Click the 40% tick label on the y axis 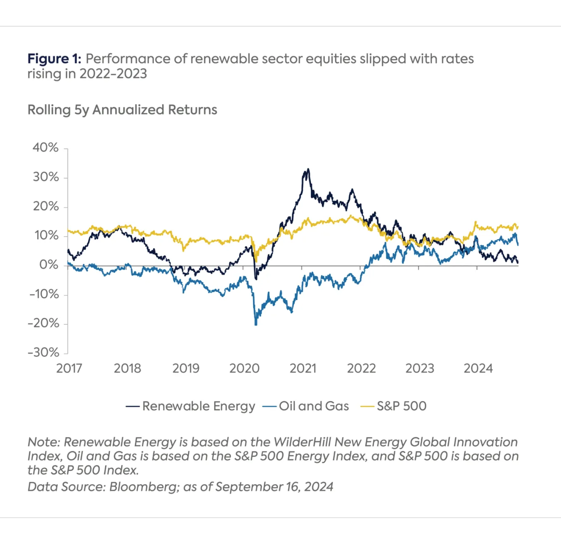click(x=45, y=147)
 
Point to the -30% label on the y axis click(x=43, y=352)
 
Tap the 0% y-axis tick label click(x=49, y=264)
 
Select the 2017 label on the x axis click(x=69, y=369)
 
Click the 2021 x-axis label click(x=303, y=369)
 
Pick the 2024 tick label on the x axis click(x=478, y=369)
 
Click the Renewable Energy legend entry click(x=198, y=406)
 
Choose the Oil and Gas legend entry click(x=314, y=406)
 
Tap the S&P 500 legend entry click(x=401, y=406)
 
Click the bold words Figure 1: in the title click(x=54, y=59)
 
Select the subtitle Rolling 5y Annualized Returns click(x=122, y=110)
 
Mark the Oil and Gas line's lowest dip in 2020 click(x=256, y=324)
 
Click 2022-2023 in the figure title click(x=113, y=74)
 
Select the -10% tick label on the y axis click(x=44, y=294)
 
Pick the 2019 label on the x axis click(x=186, y=369)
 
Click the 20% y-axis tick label click(x=45, y=206)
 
